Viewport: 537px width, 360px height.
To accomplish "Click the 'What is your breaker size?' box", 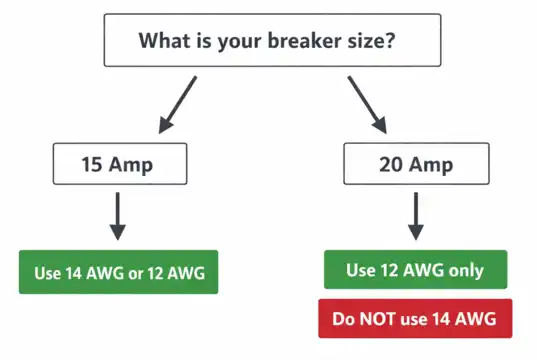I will pyautogui.click(x=271, y=41).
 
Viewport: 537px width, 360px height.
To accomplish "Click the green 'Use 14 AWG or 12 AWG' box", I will pyautogui.click(x=118, y=271).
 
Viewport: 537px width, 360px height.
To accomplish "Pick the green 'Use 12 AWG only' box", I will pyautogui.click(x=415, y=269).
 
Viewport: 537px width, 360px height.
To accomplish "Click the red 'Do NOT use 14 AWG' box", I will pyautogui.click(x=415, y=320).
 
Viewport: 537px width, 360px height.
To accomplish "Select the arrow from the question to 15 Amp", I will pyautogui.click(x=176, y=106).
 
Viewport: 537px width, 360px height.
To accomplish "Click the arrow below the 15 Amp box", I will pyautogui.click(x=118, y=215).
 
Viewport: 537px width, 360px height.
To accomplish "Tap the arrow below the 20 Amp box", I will pyautogui.click(x=414, y=215).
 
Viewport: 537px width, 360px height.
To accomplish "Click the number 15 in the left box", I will pyautogui.click(x=94, y=162).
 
